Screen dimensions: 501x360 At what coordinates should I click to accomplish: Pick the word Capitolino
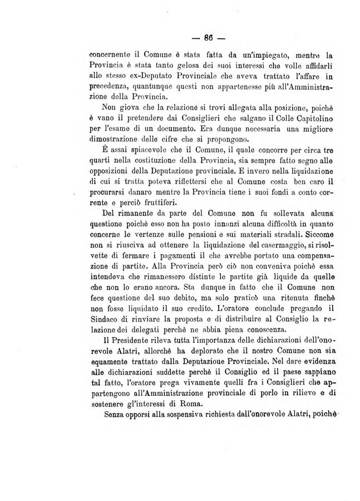click(x=306, y=117)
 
